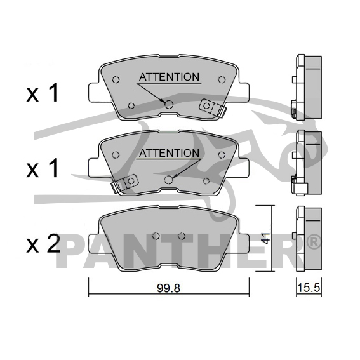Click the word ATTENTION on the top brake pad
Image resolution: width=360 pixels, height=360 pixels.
tap(170, 77)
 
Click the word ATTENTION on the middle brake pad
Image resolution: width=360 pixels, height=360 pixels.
tap(170, 153)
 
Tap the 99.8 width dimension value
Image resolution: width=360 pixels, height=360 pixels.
tap(168, 288)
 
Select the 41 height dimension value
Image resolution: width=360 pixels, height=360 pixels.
tap(266, 238)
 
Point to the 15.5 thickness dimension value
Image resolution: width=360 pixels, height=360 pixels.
tap(309, 288)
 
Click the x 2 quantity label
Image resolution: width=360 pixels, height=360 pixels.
tap(43, 244)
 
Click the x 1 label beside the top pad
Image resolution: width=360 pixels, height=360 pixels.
tap(42, 93)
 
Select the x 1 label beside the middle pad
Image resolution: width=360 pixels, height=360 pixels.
tap(42, 168)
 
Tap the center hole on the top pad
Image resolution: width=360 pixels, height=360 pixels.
tap(169, 105)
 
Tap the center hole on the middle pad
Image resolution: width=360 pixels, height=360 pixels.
tap(169, 180)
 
